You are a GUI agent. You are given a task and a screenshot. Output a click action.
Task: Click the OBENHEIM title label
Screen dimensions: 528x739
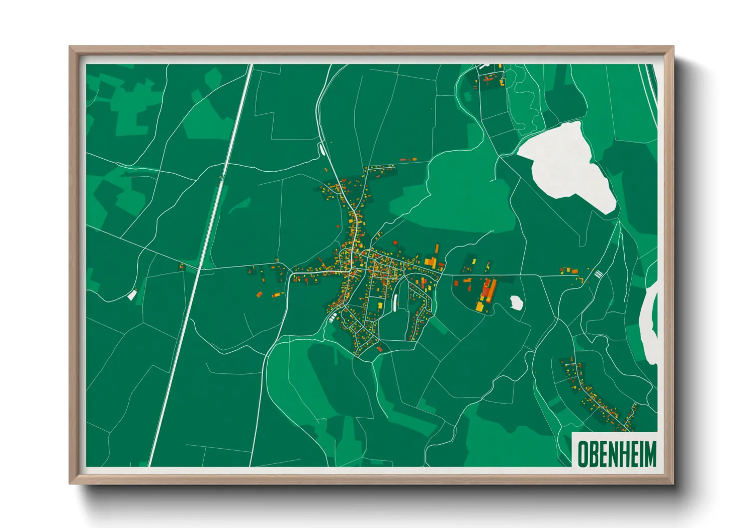616,454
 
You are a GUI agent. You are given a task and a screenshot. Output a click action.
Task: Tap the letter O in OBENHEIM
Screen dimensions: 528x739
582,454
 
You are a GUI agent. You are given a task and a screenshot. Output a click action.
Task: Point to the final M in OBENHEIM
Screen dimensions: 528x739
650,454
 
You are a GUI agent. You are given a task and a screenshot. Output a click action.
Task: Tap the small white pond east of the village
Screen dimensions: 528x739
516,302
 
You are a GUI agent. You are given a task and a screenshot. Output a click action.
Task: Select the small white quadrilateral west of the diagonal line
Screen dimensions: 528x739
132,295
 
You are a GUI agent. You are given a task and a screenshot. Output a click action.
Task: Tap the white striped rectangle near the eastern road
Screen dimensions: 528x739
599,273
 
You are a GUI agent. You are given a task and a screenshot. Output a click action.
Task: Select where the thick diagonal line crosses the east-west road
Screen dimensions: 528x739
201,268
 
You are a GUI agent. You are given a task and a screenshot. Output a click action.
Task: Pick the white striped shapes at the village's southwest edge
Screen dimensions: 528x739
332,316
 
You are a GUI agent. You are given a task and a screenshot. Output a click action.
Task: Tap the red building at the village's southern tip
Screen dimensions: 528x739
379,349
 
